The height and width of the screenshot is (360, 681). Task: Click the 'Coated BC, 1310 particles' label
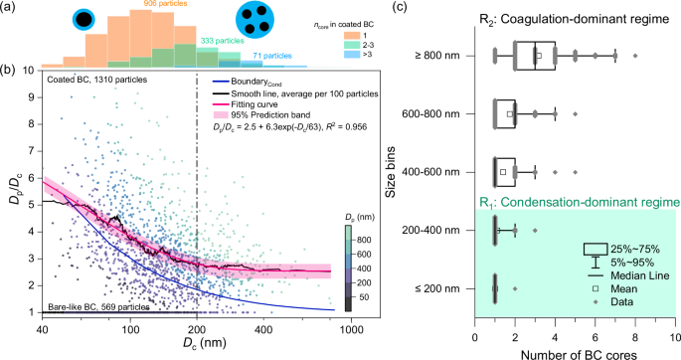point(93,81)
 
